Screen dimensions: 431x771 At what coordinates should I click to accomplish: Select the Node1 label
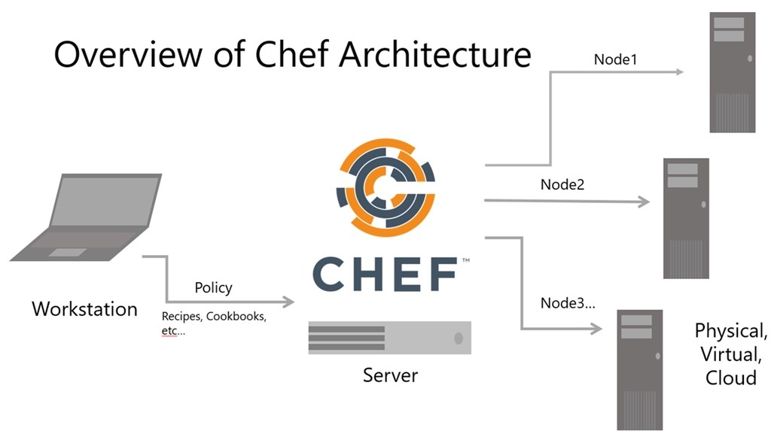615,59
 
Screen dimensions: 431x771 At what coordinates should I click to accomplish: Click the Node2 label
562,184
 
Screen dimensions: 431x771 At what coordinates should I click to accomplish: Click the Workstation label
84,308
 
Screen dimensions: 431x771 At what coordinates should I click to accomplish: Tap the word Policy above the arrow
213,287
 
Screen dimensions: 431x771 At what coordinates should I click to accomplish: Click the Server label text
390,374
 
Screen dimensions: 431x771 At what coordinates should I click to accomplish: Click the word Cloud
731,377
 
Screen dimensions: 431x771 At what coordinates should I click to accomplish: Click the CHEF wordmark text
385,274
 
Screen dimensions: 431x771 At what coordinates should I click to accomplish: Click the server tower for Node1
732,72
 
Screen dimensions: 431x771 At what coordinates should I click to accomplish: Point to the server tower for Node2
686,218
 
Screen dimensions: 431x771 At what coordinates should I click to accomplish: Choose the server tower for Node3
639,369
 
